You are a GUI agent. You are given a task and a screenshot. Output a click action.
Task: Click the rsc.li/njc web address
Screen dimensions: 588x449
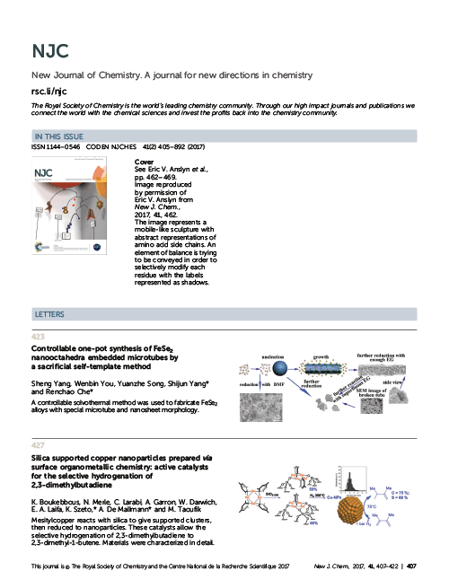(x=50, y=90)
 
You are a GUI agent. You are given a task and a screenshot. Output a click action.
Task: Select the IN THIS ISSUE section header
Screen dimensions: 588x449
(x=61, y=135)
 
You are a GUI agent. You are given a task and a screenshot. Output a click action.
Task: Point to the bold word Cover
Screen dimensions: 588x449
(x=144, y=161)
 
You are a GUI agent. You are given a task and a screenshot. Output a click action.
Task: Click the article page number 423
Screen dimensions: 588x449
(x=38, y=336)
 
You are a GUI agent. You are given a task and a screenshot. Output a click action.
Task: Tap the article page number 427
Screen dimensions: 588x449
(x=38, y=444)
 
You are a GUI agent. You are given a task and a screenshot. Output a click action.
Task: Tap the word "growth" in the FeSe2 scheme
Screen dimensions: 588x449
(x=322, y=355)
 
